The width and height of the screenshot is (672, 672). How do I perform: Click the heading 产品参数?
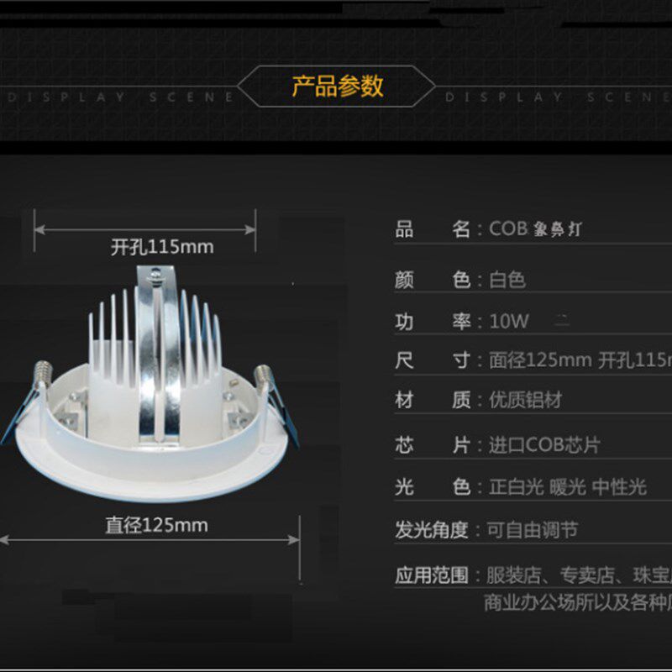tap(337, 86)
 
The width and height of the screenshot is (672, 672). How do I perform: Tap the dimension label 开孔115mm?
tap(162, 247)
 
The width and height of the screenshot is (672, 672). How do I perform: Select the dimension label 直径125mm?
tap(156, 526)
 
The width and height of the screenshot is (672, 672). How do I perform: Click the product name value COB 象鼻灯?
tap(535, 229)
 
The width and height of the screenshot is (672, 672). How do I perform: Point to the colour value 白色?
tap(507, 280)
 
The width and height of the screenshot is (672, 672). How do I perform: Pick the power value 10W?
tap(509, 321)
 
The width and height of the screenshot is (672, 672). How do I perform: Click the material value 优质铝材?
tap(525, 400)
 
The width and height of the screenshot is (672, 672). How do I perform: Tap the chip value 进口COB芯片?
tap(544, 445)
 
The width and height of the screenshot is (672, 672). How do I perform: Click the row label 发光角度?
tap(432, 530)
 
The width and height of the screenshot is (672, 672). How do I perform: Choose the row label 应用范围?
tap(432, 575)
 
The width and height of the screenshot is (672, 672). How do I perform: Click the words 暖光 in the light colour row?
tap(567, 486)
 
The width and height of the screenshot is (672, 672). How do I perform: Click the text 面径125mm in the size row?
tap(540, 361)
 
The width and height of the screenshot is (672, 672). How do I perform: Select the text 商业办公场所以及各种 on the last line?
tap(576, 602)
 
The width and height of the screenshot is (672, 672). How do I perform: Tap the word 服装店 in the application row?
tap(512, 575)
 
